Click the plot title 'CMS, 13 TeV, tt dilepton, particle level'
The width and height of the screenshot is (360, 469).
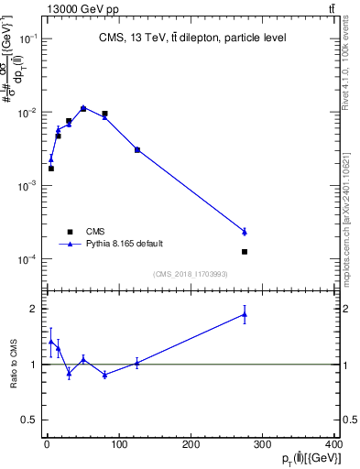[x=192, y=38]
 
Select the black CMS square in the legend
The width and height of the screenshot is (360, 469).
[x=68, y=231]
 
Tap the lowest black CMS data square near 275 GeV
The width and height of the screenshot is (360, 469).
[x=245, y=251]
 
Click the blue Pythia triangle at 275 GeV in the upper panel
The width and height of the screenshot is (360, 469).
[x=245, y=232]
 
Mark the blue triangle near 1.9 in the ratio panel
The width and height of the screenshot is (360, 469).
[x=245, y=314]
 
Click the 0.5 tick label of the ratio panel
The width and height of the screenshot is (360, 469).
[x=30, y=420]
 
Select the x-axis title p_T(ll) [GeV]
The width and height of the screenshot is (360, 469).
[x=311, y=458]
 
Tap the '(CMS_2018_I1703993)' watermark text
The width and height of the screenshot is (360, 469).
[x=190, y=274]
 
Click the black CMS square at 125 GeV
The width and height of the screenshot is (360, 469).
[x=136, y=149]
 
